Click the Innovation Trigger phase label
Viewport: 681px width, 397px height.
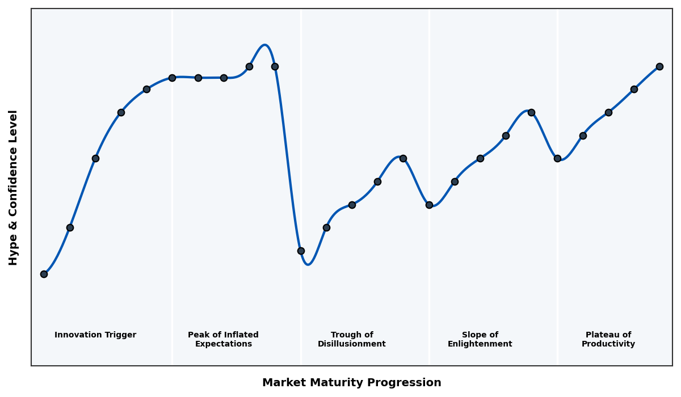click(x=95, y=335)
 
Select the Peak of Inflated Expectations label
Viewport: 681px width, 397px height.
click(x=223, y=339)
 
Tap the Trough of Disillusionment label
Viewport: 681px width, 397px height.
click(x=351, y=339)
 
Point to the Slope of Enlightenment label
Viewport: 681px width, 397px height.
click(x=480, y=339)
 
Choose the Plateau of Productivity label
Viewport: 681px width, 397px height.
click(x=608, y=339)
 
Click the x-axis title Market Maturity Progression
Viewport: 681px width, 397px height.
click(x=351, y=383)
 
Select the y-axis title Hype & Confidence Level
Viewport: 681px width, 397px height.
click(x=14, y=187)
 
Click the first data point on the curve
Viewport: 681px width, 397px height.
click(x=44, y=274)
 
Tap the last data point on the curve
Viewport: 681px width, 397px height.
click(x=659, y=66)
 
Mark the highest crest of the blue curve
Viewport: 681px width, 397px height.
click(x=264, y=45)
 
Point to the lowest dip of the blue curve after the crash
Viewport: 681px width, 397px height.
click(x=308, y=264)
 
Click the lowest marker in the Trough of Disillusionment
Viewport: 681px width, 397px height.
click(x=301, y=251)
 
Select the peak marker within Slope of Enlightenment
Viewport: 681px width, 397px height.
click(x=531, y=112)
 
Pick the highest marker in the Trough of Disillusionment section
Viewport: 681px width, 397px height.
click(x=403, y=158)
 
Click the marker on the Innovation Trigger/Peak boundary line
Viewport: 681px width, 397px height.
click(x=172, y=78)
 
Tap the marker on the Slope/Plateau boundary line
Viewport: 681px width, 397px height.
click(x=557, y=158)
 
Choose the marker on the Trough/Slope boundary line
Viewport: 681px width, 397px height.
click(x=429, y=205)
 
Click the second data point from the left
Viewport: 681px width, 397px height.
click(x=70, y=227)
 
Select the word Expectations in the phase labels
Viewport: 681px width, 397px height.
click(x=223, y=344)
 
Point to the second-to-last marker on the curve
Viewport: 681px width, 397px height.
click(x=634, y=89)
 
